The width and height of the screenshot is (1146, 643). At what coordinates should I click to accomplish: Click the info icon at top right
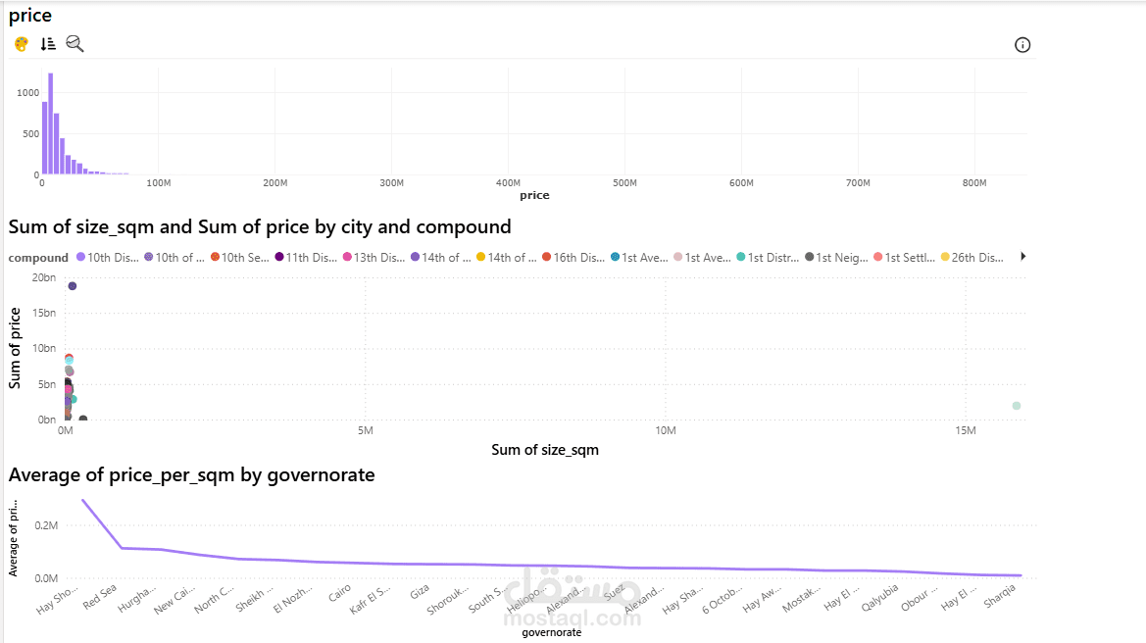pos(1022,45)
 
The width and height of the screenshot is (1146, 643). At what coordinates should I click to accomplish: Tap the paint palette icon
pos(22,44)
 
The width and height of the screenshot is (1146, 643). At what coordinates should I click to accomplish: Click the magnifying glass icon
pos(75,44)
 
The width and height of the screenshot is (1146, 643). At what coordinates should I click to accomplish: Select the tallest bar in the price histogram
pos(50,124)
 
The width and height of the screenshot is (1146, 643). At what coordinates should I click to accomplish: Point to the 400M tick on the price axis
pos(508,183)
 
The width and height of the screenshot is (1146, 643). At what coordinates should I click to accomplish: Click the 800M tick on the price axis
pos(974,183)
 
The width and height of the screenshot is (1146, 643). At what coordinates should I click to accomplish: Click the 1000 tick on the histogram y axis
pos(27,92)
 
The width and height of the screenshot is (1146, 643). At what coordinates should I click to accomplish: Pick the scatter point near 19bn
pos(73,286)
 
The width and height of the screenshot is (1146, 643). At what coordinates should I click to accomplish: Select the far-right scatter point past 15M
pos(1017,406)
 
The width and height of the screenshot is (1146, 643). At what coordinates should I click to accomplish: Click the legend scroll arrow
pos(1023,257)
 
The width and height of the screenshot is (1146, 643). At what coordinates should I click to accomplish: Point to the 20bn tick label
pos(43,277)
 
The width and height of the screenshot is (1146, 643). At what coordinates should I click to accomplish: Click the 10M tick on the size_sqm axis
pos(666,431)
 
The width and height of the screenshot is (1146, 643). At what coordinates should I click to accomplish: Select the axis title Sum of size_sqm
pos(544,450)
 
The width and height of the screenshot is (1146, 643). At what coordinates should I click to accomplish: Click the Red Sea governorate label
pos(101,596)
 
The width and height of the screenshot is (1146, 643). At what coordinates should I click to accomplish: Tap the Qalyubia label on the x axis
pos(880,597)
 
